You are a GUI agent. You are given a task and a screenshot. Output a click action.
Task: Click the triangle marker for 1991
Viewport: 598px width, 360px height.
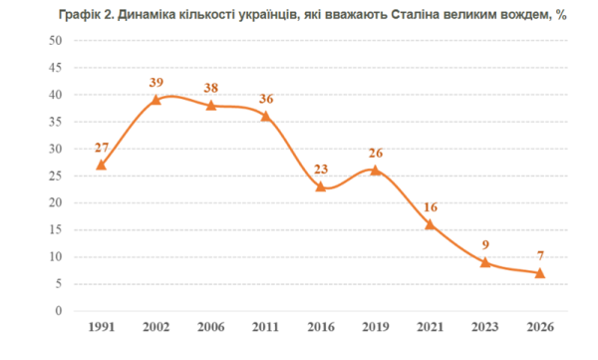click(x=101, y=165)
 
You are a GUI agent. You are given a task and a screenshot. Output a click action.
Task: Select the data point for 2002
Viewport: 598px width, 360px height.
click(x=156, y=100)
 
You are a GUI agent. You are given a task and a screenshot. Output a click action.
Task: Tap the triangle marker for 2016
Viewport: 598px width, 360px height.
click(x=321, y=186)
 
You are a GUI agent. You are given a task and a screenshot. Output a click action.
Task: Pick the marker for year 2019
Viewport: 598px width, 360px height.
click(x=376, y=171)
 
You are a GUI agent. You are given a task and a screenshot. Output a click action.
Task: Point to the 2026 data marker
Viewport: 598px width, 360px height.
click(x=540, y=273)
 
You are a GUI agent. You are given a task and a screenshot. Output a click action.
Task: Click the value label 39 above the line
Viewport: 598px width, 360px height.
click(x=156, y=82)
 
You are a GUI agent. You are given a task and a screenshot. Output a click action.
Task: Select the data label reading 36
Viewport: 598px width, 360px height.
click(x=266, y=99)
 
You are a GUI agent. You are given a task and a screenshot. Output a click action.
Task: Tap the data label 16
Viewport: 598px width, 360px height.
click(x=431, y=206)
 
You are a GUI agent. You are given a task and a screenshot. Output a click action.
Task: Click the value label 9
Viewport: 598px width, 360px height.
click(x=485, y=244)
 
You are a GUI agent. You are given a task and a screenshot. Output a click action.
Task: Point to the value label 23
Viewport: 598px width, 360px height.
click(x=321, y=169)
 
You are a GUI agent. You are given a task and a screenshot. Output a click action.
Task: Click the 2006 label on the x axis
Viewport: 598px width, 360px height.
click(x=211, y=327)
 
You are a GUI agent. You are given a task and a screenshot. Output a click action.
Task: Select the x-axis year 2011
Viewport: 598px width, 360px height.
click(x=266, y=327)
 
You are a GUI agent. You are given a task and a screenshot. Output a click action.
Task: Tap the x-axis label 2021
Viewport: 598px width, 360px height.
click(x=431, y=327)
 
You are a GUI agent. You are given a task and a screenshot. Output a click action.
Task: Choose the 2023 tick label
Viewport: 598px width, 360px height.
click(x=485, y=327)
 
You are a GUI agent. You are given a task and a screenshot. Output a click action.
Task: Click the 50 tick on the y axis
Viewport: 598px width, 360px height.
click(x=55, y=41)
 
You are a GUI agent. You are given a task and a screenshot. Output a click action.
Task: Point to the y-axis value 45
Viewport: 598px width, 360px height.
click(x=55, y=68)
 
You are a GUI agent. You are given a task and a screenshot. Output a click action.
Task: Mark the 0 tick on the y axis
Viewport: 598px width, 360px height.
click(x=59, y=311)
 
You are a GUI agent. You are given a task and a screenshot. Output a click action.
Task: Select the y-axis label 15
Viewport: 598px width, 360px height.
click(x=55, y=229)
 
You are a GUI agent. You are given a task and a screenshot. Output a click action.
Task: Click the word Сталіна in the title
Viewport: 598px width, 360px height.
click(x=416, y=15)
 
